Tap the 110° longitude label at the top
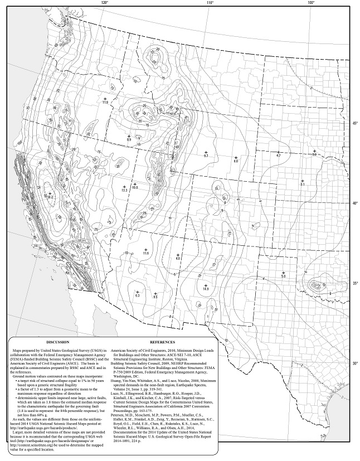210,3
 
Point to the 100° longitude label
311,3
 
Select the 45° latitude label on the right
354,123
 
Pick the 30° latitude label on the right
354,363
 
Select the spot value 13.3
124,191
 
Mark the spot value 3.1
302,184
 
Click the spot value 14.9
206,289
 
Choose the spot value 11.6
146,254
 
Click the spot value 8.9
129,140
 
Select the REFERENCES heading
163,342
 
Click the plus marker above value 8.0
235,156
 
